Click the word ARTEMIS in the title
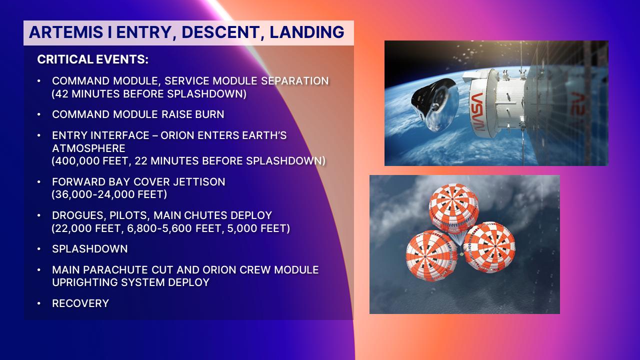point(66,32)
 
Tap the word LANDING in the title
point(307,32)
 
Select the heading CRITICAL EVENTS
point(93,59)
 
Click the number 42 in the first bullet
point(61,93)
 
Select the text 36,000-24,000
point(94,194)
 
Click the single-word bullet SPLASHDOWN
point(89,249)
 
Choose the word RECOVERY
point(80,303)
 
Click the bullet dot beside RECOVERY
point(39,303)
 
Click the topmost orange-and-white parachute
point(453,208)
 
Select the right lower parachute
point(489,247)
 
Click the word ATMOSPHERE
point(88,148)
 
